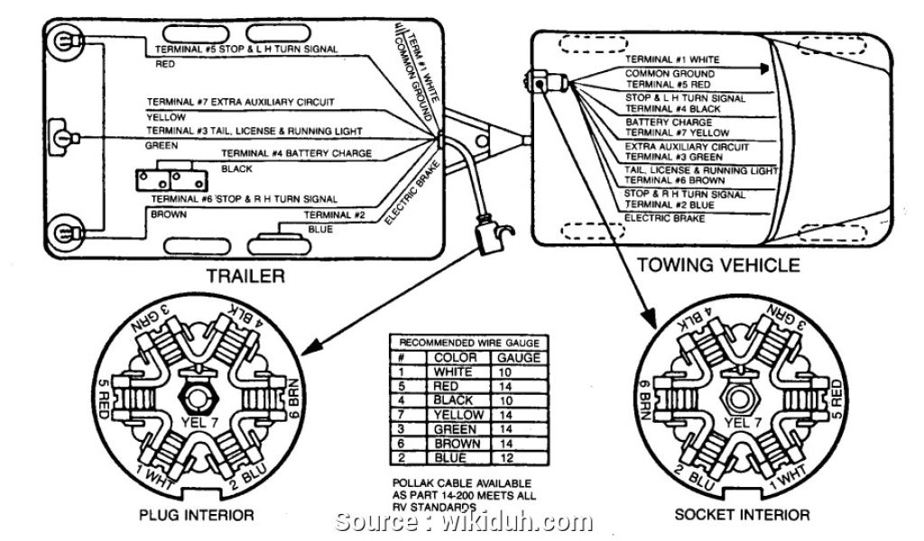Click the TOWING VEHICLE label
[x=718, y=265]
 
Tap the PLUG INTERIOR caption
[x=196, y=515]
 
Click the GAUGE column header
[x=509, y=357]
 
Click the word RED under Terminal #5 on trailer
[x=164, y=65]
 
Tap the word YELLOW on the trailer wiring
[x=166, y=116]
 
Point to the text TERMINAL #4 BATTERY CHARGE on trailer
[x=295, y=153]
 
